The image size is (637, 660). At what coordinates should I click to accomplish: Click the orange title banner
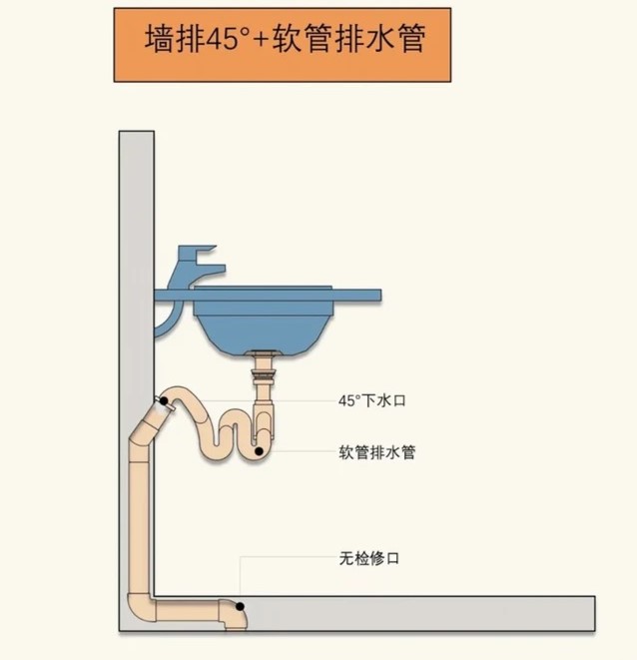(283, 45)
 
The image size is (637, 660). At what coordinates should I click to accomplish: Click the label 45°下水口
(371, 400)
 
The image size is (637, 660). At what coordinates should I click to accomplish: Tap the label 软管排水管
(376, 452)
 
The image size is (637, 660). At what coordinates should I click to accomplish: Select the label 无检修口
(369, 558)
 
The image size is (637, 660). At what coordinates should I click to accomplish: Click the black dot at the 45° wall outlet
(164, 400)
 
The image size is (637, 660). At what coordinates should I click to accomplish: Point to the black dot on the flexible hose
(260, 451)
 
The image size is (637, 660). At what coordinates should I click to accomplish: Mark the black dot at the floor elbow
(240, 606)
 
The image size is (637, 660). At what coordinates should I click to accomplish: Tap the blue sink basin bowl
(264, 325)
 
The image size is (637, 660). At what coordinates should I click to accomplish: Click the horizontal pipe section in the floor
(187, 610)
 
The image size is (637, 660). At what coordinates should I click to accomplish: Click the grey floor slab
(416, 613)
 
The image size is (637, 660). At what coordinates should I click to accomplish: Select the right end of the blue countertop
(380, 296)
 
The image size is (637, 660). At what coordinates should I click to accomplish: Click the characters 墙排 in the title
(175, 39)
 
